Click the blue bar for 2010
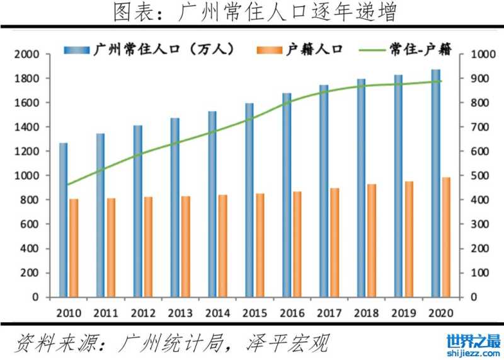(64, 220)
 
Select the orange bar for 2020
(446, 237)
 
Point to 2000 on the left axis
(26, 55)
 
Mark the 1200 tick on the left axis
(26, 152)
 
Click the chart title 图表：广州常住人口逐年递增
(252, 13)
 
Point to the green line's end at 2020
(441, 81)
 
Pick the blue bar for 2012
(138, 211)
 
